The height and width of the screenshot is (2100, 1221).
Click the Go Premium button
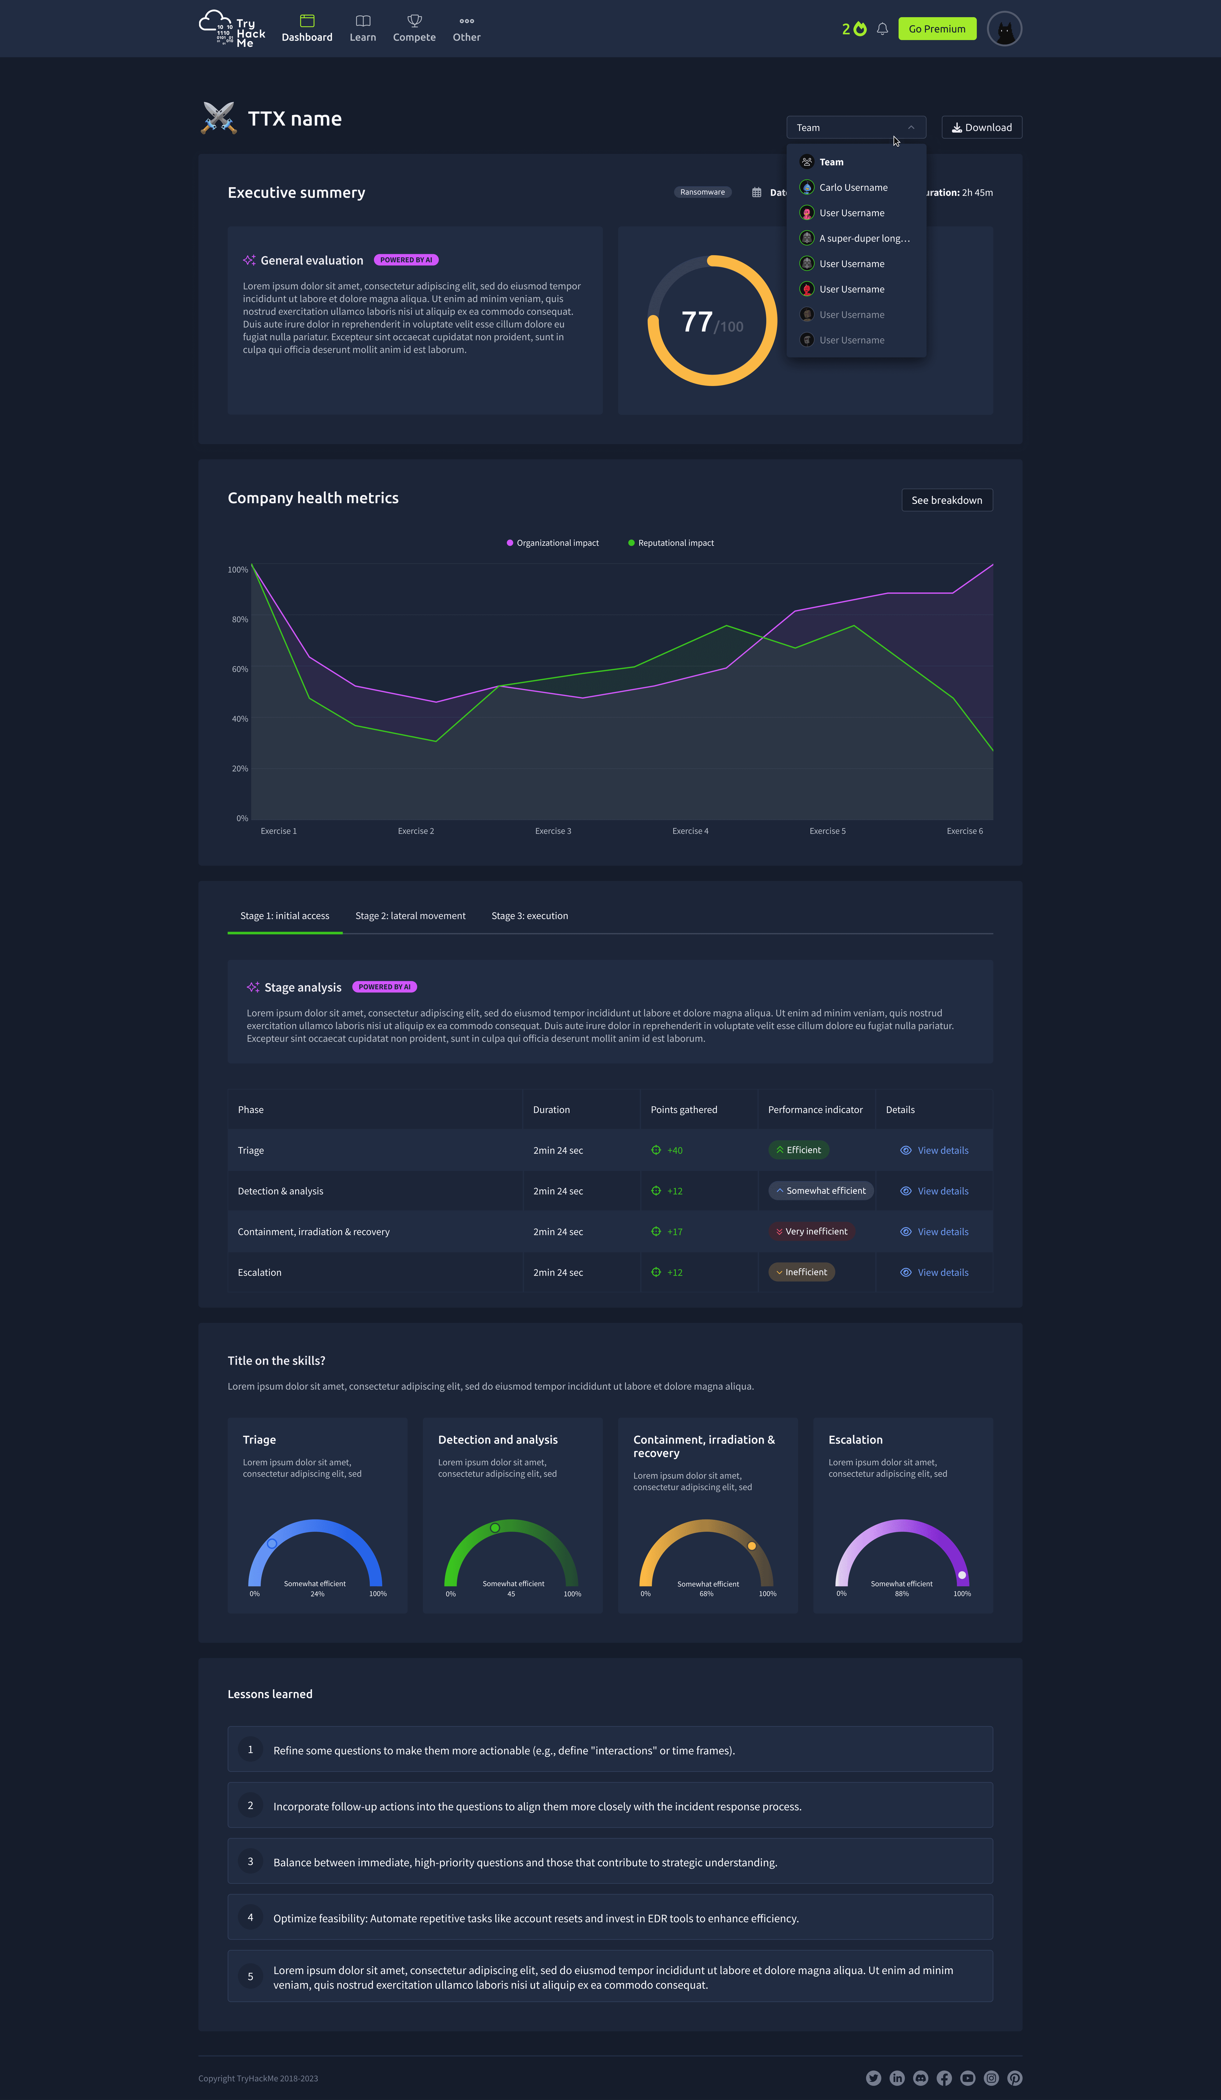tap(937, 29)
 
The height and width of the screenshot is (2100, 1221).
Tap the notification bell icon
tap(882, 29)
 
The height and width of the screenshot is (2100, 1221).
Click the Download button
tap(982, 127)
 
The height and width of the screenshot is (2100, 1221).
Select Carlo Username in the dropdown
tap(853, 188)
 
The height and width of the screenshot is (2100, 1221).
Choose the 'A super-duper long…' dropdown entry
tap(863, 238)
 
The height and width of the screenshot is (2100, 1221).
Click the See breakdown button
tap(947, 500)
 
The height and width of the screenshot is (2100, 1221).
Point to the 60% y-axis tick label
tap(240, 669)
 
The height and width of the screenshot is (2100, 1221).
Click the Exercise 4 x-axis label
tap(690, 831)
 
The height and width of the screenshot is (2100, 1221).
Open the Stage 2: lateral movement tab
tap(410, 916)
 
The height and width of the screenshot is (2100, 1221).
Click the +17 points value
tap(674, 1232)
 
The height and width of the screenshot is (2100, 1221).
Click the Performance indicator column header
tap(815, 1110)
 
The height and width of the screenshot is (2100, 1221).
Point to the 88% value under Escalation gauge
tap(902, 1594)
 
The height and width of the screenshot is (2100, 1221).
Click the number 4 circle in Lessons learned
tap(250, 1917)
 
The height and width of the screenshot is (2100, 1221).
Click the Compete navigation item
tap(414, 29)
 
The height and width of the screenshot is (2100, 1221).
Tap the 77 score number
tap(697, 322)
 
